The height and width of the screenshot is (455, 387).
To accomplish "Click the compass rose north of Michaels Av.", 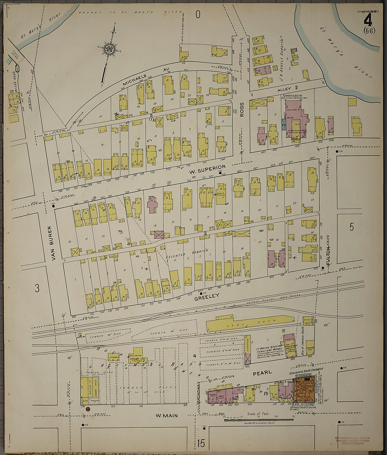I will click(109, 49).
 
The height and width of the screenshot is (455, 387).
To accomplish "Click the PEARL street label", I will click(262, 372).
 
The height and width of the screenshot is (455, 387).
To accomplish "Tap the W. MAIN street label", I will click(167, 416).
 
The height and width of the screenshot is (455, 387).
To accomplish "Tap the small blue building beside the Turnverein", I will click(283, 124).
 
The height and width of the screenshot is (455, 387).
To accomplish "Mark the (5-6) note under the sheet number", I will click(369, 30).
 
